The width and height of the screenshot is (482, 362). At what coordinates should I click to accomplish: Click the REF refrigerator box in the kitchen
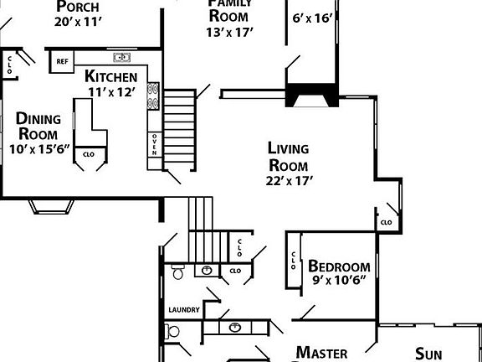click(62, 61)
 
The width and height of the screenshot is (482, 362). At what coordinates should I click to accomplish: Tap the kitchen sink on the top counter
click(123, 58)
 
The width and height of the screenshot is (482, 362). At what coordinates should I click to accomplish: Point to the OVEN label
click(155, 145)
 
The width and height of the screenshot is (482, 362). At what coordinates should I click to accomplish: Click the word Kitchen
click(110, 77)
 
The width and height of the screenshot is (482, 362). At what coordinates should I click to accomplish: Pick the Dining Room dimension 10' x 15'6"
click(38, 151)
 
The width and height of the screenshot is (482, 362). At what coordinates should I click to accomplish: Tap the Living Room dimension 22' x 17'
click(288, 179)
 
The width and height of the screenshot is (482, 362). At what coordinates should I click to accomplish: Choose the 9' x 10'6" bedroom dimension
click(340, 270)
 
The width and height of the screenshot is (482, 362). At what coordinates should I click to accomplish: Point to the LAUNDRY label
click(184, 310)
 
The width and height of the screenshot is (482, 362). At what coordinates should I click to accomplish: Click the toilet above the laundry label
click(177, 272)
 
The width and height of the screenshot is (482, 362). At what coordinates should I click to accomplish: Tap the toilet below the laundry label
click(173, 332)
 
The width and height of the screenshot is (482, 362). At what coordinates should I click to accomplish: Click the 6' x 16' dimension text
click(311, 17)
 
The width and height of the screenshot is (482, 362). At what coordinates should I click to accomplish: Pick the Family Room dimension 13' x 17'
click(229, 32)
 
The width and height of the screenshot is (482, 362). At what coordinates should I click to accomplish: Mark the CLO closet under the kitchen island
click(88, 155)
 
